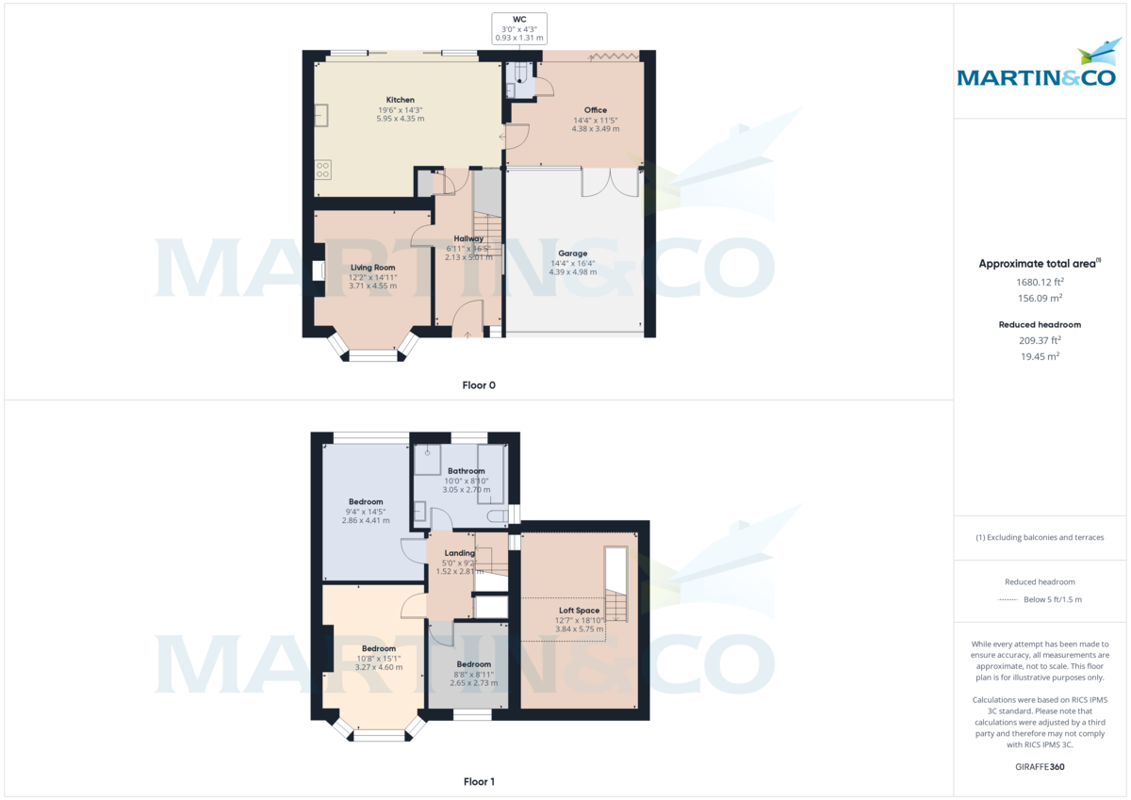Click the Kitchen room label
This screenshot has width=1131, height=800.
[x=400, y=100]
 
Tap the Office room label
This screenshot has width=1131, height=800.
[x=596, y=110]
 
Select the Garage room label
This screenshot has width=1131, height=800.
[x=572, y=253]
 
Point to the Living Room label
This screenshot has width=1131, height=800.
[x=373, y=268]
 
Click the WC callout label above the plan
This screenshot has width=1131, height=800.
[x=519, y=19]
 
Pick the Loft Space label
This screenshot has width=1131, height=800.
[x=579, y=611]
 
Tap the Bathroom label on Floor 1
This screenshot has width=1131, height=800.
[x=466, y=471]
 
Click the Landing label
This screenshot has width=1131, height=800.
[x=460, y=553]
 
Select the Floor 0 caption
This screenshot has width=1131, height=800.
[x=479, y=384]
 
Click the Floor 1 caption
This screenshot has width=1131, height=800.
[x=479, y=781]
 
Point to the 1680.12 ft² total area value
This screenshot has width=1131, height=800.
[x=1041, y=282]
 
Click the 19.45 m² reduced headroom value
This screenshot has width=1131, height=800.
[x=1041, y=356]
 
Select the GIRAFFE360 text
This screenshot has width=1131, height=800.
[x=1041, y=767]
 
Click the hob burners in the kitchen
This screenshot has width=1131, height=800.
[x=323, y=170]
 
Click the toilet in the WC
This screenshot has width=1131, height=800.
[x=520, y=75]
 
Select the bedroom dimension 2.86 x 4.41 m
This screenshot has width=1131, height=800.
[x=365, y=520]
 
